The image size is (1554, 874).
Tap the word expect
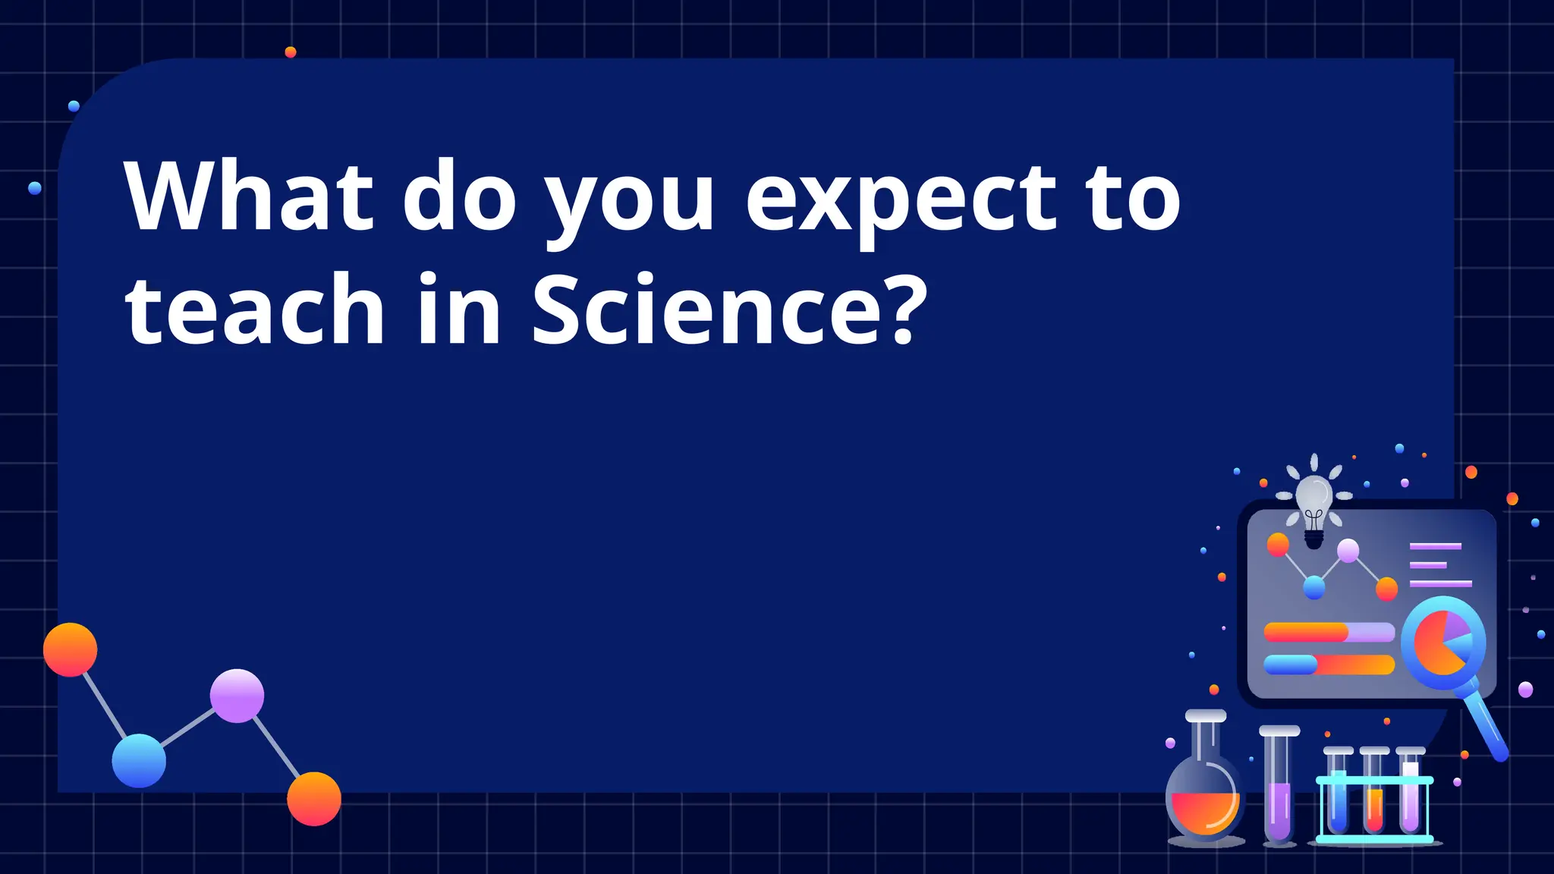pyautogui.click(x=901, y=200)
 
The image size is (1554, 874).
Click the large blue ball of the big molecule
pyautogui.click(x=139, y=760)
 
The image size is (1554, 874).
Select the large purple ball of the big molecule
pyautogui.click(x=237, y=696)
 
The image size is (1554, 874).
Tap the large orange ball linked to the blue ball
pyautogui.click(x=71, y=650)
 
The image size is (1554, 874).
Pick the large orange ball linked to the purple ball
pyautogui.click(x=314, y=799)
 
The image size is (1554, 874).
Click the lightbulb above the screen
pyautogui.click(x=1314, y=504)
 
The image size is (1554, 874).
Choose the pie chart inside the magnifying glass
pyautogui.click(x=1442, y=642)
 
